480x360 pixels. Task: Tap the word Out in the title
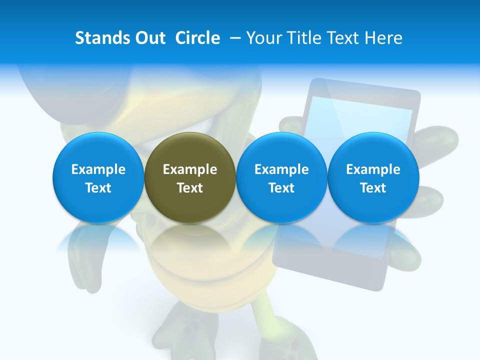148,38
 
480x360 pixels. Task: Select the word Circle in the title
197,38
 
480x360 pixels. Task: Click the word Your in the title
263,38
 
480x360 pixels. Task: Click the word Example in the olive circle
190,169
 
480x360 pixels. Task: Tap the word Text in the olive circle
190,188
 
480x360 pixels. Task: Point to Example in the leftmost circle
98,169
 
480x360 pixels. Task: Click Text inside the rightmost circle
373,188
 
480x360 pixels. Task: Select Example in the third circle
281,169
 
